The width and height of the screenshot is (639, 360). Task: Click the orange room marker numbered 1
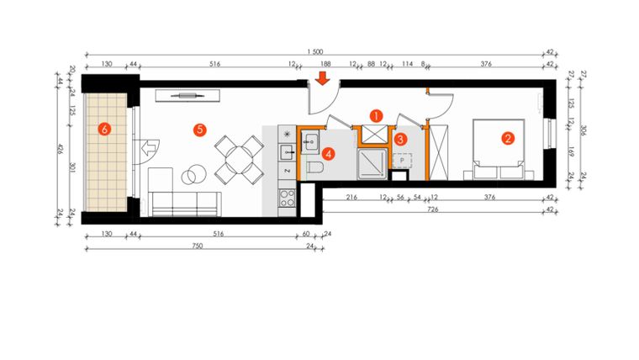377,114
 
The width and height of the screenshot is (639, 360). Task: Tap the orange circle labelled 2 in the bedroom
508,138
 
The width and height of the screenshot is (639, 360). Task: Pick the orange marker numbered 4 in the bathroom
329,154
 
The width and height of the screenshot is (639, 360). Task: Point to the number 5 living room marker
199,129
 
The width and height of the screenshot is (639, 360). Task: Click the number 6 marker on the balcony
104,129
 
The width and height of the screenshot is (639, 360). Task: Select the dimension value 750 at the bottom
195,246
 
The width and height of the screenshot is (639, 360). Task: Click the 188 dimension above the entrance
324,64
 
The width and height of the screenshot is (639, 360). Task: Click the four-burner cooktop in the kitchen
288,199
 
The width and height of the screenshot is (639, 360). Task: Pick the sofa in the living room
184,202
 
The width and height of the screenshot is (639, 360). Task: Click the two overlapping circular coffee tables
194,176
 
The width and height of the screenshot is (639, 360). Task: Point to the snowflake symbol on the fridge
288,135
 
